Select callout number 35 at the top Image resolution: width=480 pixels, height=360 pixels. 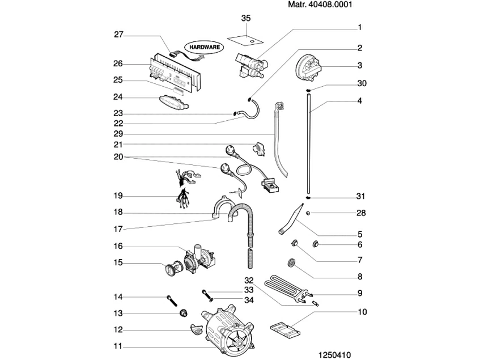tap(245, 19)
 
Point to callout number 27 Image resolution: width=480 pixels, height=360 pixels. tap(118, 34)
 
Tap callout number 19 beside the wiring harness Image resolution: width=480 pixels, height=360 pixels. tap(118, 196)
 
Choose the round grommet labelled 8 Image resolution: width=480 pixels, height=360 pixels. tap(292, 262)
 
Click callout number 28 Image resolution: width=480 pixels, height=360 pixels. tap(361, 214)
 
